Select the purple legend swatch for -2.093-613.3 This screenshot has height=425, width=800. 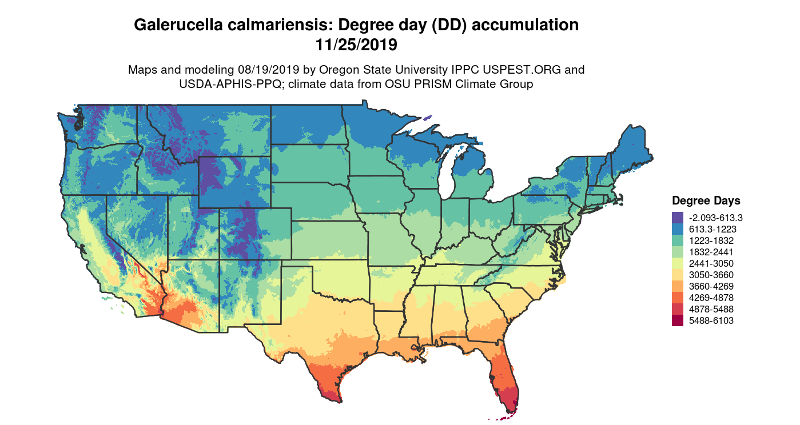tap(678, 218)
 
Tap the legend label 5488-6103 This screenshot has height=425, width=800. tap(711, 321)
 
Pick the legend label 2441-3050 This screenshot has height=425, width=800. tap(711, 263)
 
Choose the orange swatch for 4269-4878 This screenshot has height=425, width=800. tap(678, 298)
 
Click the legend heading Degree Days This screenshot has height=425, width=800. tap(706, 201)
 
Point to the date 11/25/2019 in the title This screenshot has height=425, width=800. tap(356, 44)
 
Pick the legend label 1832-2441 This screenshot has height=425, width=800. tap(711, 252)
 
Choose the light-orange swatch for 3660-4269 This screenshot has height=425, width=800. tap(678, 286)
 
